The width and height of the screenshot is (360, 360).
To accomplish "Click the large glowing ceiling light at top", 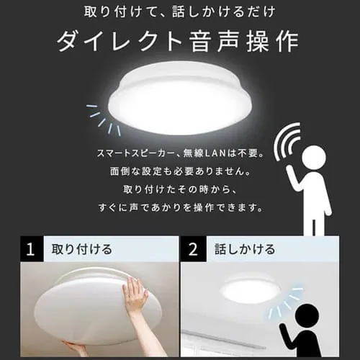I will coord(180,97).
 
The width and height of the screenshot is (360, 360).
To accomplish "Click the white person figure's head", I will coord(315,158).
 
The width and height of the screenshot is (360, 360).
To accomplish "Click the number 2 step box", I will coord(192,251).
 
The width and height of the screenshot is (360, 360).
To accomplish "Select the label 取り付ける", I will coord(81,251).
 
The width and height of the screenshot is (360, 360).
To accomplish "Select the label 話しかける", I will coord(246,251).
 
